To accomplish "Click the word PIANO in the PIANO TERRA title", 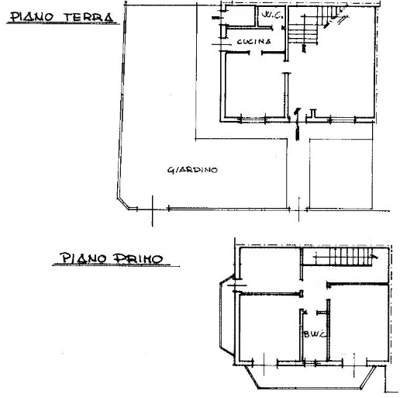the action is pos(32,17).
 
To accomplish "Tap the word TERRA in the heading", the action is pos(88,17).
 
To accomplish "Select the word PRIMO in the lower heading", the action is pos(138,258).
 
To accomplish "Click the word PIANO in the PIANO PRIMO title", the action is pos(83,258).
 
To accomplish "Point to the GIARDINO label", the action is pos(192,170).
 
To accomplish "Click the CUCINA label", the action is pos(253,41).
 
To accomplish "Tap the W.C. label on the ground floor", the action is pos(272,15).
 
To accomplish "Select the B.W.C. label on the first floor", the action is pos(314,334).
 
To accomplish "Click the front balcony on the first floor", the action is pos(310,377).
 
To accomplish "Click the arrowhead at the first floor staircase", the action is pos(375,257).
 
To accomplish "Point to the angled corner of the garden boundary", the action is pos(123,204).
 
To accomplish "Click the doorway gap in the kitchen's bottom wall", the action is pos(256,53).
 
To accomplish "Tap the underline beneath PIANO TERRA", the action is pos(64,23).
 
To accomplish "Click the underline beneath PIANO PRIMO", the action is pos(116,265).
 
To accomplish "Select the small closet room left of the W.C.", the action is pos(241,16).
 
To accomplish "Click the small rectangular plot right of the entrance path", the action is pos(341,174).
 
